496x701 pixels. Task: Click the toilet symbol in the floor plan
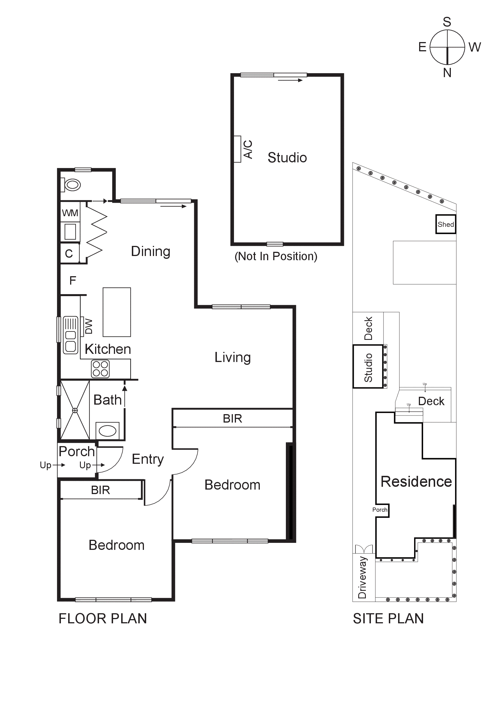point(72,185)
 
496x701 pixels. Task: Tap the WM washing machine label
point(70,213)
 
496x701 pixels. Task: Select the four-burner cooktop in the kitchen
point(100,369)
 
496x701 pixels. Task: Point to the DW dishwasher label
point(89,326)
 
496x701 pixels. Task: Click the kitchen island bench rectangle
point(117,312)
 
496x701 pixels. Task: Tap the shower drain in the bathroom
point(75,411)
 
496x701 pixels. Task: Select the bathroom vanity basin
point(107,431)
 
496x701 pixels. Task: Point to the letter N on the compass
point(447,73)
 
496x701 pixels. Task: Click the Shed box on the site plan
point(446,224)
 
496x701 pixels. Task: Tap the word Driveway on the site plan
point(362,577)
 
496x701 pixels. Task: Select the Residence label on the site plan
point(416,482)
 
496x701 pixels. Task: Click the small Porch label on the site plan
point(380,509)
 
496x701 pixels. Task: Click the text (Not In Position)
point(276,256)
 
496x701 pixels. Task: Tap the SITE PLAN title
point(388,619)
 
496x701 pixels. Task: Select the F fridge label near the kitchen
point(72,280)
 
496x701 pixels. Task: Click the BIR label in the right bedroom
point(232,419)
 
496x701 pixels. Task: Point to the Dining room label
point(151,251)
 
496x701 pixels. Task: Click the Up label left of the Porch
point(45,465)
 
